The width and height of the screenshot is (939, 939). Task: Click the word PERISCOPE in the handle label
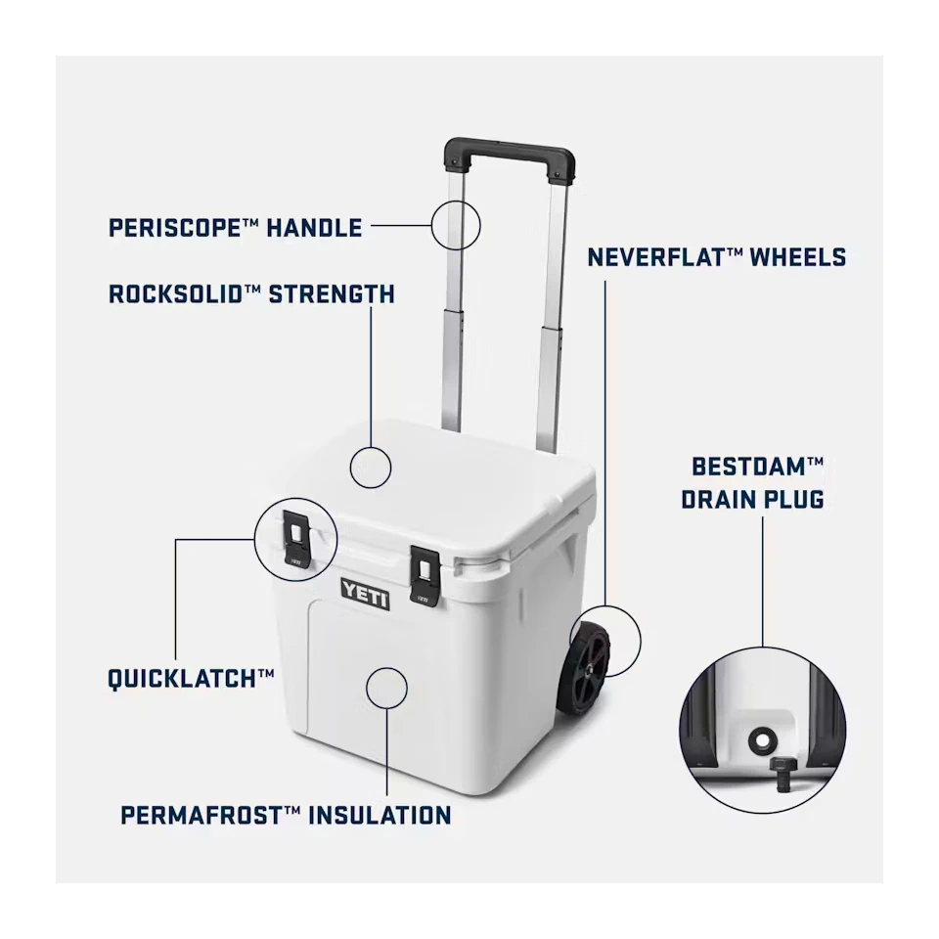[174, 228]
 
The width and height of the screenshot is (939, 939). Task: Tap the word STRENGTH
[332, 294]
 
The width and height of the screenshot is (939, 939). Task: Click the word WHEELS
[798, 257]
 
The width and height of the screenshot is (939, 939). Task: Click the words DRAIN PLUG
[753, 500]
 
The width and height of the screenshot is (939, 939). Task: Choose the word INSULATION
[380, 816]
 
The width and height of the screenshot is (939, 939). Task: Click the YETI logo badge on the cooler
[365, 595]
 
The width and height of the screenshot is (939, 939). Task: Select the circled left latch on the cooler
[296, 537]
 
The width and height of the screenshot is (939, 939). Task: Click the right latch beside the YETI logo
[425, 574]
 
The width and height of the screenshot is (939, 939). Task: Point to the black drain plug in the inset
[781, 773]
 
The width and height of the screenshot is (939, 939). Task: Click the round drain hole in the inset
[762, 740]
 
